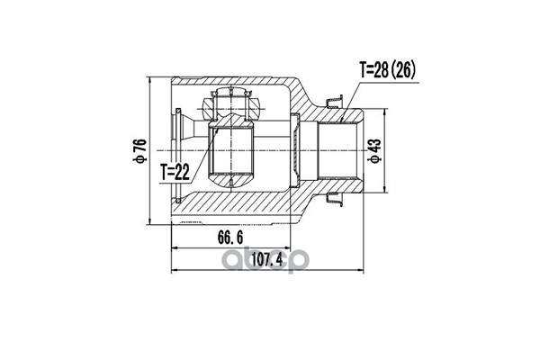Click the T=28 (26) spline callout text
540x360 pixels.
387,70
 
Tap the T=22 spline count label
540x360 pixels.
175,172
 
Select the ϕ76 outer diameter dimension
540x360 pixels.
141,150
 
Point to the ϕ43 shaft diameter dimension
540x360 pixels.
375,150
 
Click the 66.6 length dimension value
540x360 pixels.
230,238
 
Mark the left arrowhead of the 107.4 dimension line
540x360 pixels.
174,270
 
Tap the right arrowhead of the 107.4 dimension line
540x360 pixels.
361,270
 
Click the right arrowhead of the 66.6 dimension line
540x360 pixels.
288,247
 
